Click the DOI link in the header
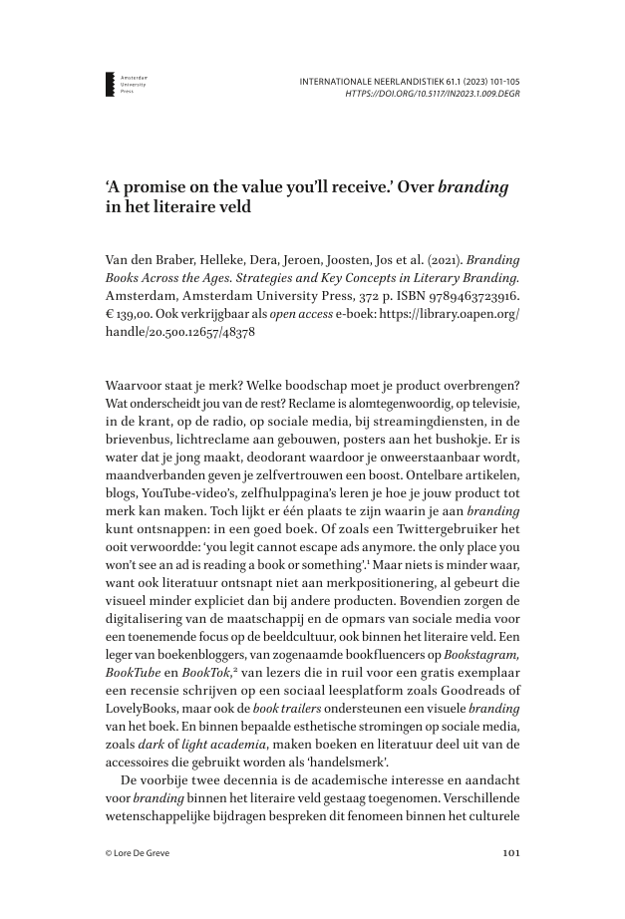[x=432, y=93]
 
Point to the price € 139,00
[x=135, y=314]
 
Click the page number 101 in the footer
[x=508, y=852]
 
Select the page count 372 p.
[x=382, y=296]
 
